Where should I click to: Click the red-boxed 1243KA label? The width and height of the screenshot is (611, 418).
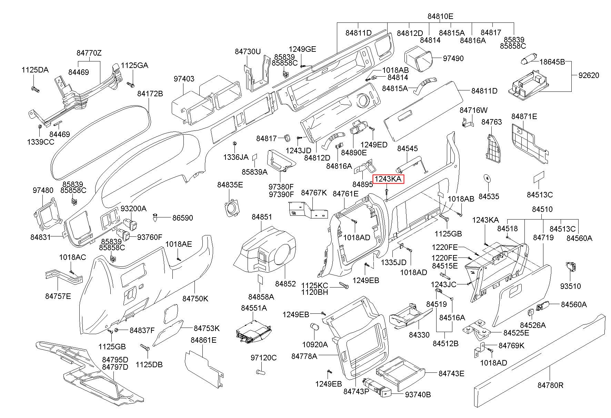click(x=388, y=179)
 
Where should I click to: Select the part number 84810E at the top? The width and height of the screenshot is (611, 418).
click(x=440, y=16)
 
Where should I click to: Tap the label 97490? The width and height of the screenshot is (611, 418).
click(x=453, y=58)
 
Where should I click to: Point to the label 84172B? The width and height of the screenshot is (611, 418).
click(x=150, y=94)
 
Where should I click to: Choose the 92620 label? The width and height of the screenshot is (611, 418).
click(x=589, y=75)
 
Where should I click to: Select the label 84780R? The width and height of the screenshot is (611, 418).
click(x=550, y=385)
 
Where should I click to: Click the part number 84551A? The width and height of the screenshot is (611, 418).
click(x=254, y=308)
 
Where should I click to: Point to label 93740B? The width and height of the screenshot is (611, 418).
click(x=418, y=395)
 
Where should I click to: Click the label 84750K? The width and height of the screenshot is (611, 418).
click(x=195, y=299)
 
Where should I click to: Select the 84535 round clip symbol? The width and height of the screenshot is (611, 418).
click(x=487, y=178)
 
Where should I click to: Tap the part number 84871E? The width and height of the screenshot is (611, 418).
click(x=524, y=116)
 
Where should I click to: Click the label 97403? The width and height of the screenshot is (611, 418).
click(x=184, y=79)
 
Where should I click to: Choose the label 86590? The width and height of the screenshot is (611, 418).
click(x=182, y=218)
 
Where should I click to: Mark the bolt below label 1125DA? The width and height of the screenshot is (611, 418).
click(x=35, y=89)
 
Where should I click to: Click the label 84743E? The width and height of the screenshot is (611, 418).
click(x=451, y=373)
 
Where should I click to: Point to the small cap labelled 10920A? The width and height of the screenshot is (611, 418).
click(x=314, y=327)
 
